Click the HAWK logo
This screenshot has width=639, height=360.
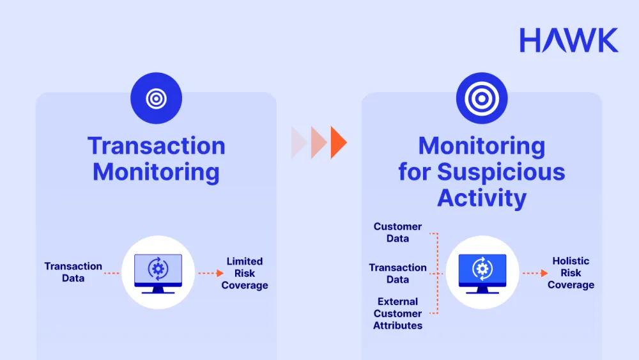tap(569, 40)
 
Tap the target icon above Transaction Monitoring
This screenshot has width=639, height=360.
tap(156, 98)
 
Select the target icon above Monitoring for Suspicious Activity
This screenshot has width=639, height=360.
tap(481, 98)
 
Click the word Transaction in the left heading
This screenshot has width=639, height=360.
tap(157, 146)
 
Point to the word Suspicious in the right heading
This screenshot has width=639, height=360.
tap(504, 172)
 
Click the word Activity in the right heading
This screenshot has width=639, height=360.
tap(482, 198)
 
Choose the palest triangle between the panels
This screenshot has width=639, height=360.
tap(298, 142)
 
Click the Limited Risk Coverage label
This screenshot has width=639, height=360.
tap(245, 273)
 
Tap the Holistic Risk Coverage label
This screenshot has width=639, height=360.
tap(571, 273)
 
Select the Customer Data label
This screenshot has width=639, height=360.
tap(397, 233)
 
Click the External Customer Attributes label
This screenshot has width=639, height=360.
tap(397, 313)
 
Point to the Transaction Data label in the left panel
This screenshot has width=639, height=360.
tap(73, 272)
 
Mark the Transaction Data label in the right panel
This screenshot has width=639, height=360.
tap(397, 274)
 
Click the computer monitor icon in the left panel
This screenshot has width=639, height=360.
tap(158, 273)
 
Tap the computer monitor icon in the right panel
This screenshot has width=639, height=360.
tap(482, 273)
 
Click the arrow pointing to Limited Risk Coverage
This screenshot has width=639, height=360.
tap(210, 273)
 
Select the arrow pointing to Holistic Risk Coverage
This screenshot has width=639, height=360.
tap(535, 273)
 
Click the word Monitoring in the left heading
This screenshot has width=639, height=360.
tap(157, 172)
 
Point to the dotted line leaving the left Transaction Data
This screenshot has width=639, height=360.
tap(112, 273)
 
